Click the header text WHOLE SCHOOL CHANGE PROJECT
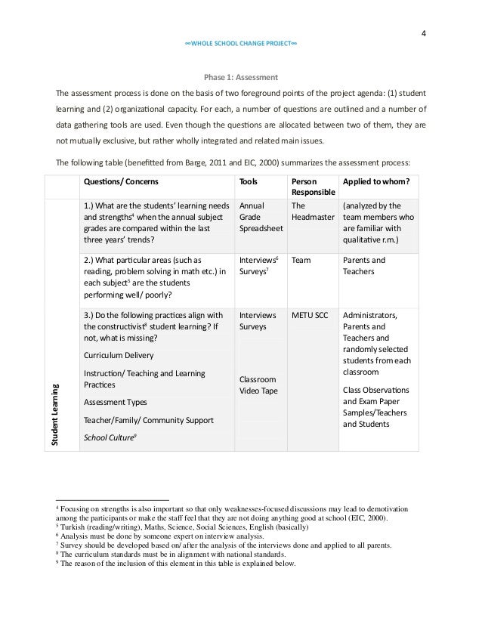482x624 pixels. pyautogui.click(x=241, y=44)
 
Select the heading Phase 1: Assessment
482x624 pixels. pyautogui.click(x=241, y=77)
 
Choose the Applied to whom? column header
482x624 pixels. pyautogui.click(x=375, y=181)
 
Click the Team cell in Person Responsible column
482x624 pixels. pyautogui.click(x=300, y=260)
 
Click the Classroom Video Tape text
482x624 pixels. pyautogui.click(x=258, y=384)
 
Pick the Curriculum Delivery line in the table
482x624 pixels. pyautogui.click(x=119, y=355)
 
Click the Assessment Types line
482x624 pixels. pyautogui.click(x=116, y=402)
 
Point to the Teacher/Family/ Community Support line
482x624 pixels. pyautogui.click(x=149, y=419)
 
